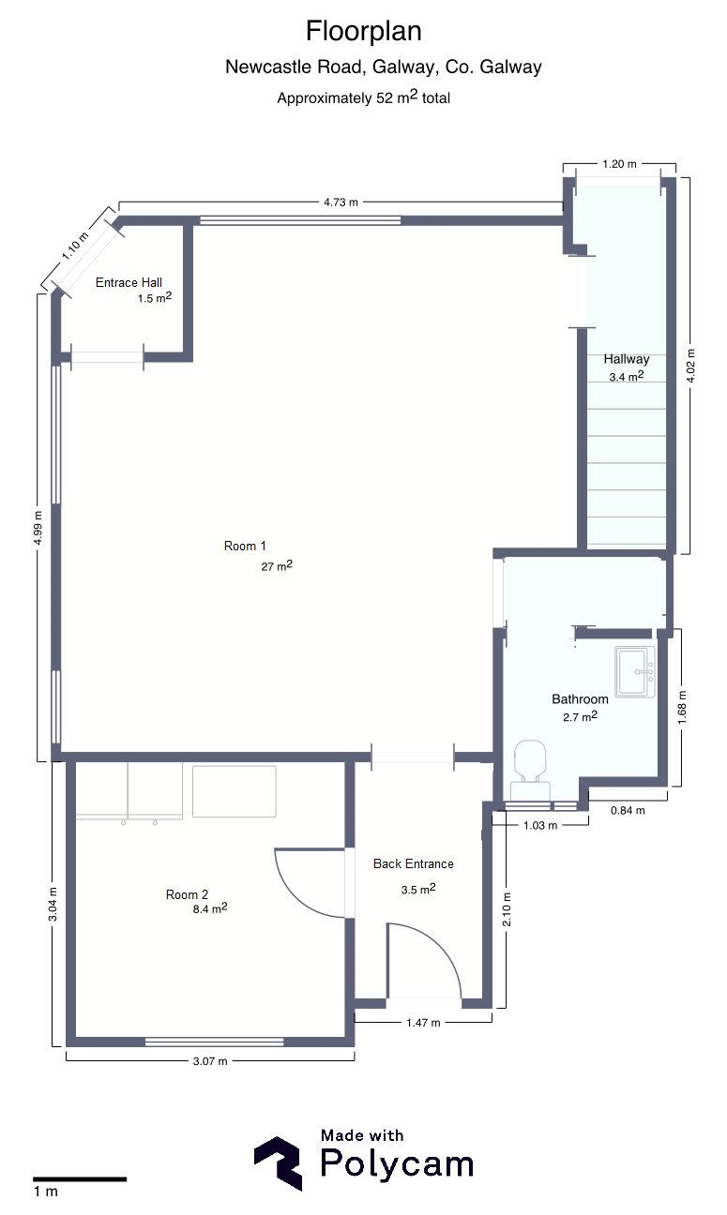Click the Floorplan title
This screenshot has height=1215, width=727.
[x=364, y=32]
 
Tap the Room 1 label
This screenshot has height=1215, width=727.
[x=245, y=547]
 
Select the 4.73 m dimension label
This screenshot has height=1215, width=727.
[x=341, y=202]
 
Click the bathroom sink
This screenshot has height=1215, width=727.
[x=635, y=671]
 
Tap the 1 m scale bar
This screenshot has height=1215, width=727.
[x=80, y=1178]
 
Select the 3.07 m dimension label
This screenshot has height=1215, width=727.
[x=210, y=1061]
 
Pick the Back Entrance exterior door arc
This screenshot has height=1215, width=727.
[x=435, y=948]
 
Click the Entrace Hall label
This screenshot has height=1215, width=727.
[x=129, y=282]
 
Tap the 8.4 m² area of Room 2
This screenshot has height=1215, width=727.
[x=210, y=908]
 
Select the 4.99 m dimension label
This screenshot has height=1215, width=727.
[x=38, y=528]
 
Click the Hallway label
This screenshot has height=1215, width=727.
[x=627, y=359]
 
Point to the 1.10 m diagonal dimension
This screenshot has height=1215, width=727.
[x=74, y=247]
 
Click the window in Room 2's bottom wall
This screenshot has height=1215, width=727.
[x=214, y=1042]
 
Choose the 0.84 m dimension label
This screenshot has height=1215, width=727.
[x=628, y=810]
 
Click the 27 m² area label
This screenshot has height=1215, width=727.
[x=277, y=565]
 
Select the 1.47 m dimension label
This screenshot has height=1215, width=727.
[x=423, y=1023]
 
